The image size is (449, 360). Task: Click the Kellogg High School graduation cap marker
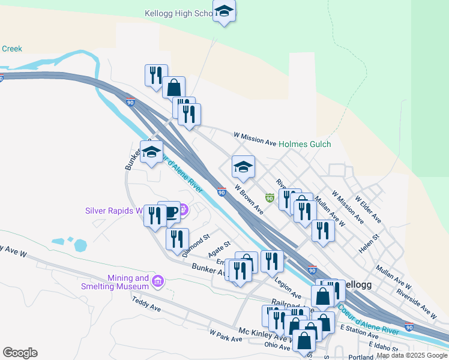[x=224, y=11]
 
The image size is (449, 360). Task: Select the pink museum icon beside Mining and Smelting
[x=158, y=281]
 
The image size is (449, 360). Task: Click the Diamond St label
[x=197, y=245]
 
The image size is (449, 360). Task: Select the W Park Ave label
[x=226, y=335]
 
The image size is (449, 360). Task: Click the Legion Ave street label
[x=288, y=287]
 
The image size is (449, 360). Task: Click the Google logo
[x=20, y=353]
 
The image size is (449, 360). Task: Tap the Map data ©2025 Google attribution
[x=412, y=356]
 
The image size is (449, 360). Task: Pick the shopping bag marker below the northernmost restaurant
[x=173, y=88]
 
